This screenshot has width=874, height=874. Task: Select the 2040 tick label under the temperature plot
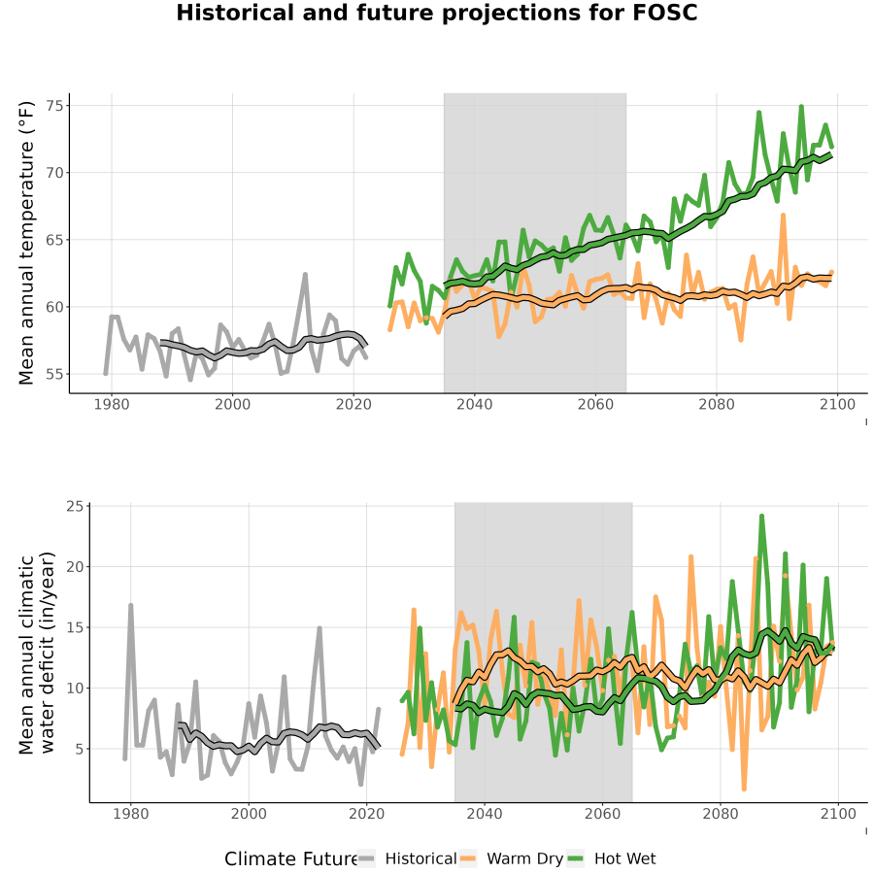click(474, 404)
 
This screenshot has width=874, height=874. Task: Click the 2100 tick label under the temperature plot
click(837, 404)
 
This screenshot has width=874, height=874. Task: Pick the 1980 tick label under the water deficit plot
click(130, 814)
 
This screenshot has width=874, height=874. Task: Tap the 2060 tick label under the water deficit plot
click(602, 814)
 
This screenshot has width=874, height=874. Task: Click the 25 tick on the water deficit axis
click(75, 506)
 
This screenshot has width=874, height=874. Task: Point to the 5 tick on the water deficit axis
click(80, 749)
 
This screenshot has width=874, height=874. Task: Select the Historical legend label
click(420, 858)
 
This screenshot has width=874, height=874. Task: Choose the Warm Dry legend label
click(525, 858)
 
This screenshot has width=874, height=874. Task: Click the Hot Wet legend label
click(624, 858)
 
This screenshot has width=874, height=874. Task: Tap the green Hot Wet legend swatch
click(575, 858)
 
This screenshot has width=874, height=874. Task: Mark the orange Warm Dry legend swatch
click(468, 858)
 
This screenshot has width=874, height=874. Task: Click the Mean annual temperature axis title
click(26, 243)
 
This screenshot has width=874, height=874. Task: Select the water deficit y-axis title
click(37, 653)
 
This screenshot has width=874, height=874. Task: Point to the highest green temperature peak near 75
click(801, 106)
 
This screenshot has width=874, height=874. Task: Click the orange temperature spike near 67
click(783, 215)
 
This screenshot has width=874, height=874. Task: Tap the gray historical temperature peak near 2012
click(305, 274)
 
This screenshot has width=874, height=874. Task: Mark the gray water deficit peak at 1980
click(130, 605)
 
